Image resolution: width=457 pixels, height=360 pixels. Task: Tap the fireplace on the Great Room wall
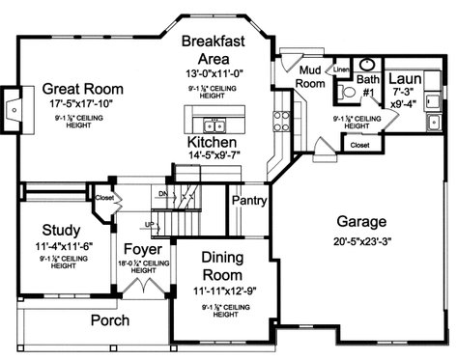[12, 107]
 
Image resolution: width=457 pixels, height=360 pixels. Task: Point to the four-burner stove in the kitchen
[281, 121]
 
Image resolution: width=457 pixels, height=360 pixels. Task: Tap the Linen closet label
[342, 70]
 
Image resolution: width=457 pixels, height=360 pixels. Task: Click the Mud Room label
[308, 77]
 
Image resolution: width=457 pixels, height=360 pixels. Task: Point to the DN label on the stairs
[163, 194]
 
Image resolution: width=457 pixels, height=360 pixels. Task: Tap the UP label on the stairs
[150, 225]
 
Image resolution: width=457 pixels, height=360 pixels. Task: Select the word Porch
[110, 319]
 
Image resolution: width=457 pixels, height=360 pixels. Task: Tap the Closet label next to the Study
[105, 199]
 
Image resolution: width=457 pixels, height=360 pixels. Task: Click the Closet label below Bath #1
[358, 145]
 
